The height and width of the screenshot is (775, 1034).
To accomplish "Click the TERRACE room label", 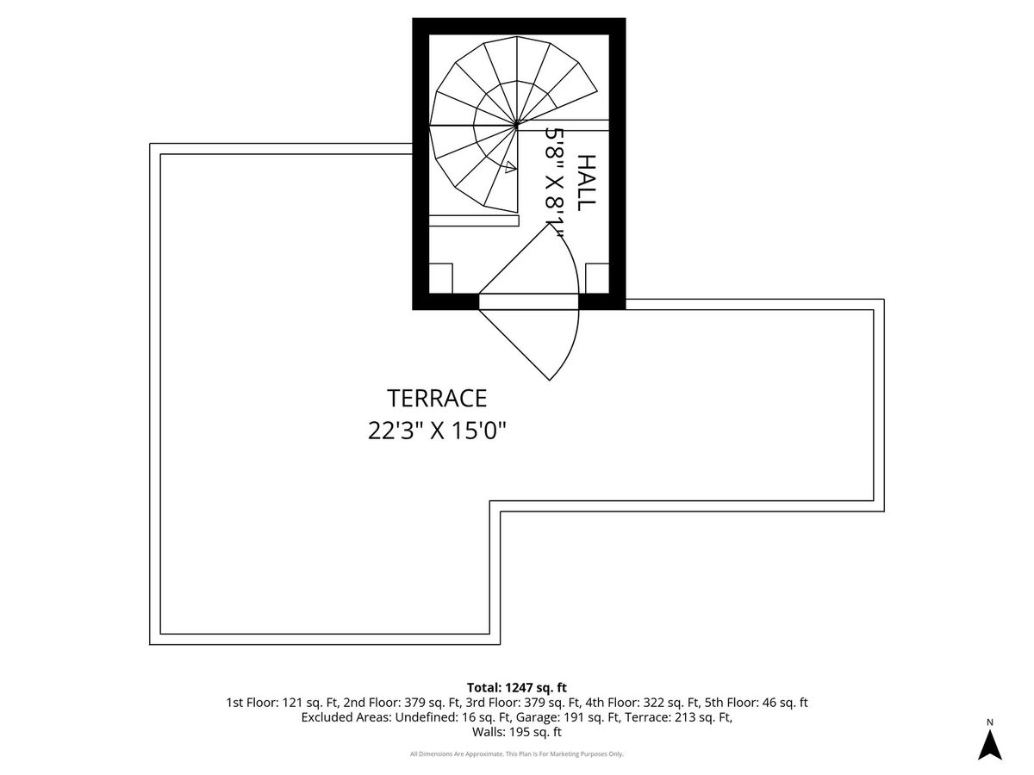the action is pyautogui.click(x=437, y=398).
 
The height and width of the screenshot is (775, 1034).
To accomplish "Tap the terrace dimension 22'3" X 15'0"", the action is pyautogui.click(x=437, y=430).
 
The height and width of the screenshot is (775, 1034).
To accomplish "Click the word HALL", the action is pyautogui.click(x=587, y=183).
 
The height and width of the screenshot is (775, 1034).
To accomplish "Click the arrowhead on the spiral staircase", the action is pyautogui.click(x=511, y=167).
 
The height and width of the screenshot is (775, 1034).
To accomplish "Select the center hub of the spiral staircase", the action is pyautogui.click(x=516, y=125).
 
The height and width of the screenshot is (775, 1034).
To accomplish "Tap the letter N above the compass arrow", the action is pyautogui.click(x=990, y=722).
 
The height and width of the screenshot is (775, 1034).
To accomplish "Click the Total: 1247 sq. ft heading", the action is pyautogui.click(x=517, y=687).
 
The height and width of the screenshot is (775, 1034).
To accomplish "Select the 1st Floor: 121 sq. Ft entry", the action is pyautogui.click(x=282, y=703).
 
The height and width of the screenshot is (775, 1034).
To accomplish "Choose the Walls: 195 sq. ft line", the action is pyautogui.click(x=517, y=732).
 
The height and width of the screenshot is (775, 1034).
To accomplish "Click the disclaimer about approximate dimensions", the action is pyautogui.click(x=517, y=754).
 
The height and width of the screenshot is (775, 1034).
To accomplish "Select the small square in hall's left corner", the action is pyautogui.click(x=441, y=278).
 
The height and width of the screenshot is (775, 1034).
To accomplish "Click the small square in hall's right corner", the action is pyautogui.click(x=597, y=278).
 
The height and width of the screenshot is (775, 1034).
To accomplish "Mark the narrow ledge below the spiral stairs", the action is pyautogui.click(x=474, y=220).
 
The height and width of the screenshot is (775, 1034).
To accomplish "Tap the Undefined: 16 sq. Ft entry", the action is pyautogui.click(x=453, y=717).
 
